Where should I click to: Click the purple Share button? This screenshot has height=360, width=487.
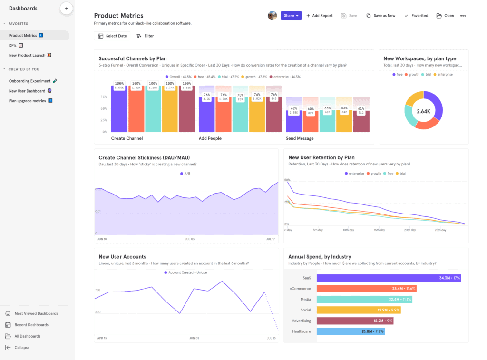[291, 16]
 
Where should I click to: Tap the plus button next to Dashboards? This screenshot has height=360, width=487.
[67, 8]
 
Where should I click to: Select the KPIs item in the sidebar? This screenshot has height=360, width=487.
[13, 45]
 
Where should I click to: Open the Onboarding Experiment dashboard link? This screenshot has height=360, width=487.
[29, 81]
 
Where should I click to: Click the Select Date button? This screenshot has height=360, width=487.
[112, 36]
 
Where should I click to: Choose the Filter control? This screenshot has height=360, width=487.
[145, 36]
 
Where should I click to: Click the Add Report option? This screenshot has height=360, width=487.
[320, 16]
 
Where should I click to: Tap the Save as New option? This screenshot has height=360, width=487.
[381, 16]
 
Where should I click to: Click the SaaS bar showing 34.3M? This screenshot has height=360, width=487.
[389, 278]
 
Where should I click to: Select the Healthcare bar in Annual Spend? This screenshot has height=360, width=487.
[350, 331]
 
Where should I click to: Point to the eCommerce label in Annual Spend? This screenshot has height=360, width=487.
[300, 289]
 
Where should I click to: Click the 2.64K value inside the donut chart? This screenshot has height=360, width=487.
[423, 111]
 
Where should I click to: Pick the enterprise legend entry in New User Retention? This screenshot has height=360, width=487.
[354, 174]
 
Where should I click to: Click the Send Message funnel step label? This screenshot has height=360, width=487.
[300, 138]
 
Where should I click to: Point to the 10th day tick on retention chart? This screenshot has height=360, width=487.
[348, 230]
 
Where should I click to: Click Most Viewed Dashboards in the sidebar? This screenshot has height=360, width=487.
[36, 313]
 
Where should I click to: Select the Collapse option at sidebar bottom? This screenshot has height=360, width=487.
[21, 348]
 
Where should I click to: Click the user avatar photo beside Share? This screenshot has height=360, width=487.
[272, 16]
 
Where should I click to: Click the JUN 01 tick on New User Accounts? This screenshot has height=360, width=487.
[194, 338]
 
